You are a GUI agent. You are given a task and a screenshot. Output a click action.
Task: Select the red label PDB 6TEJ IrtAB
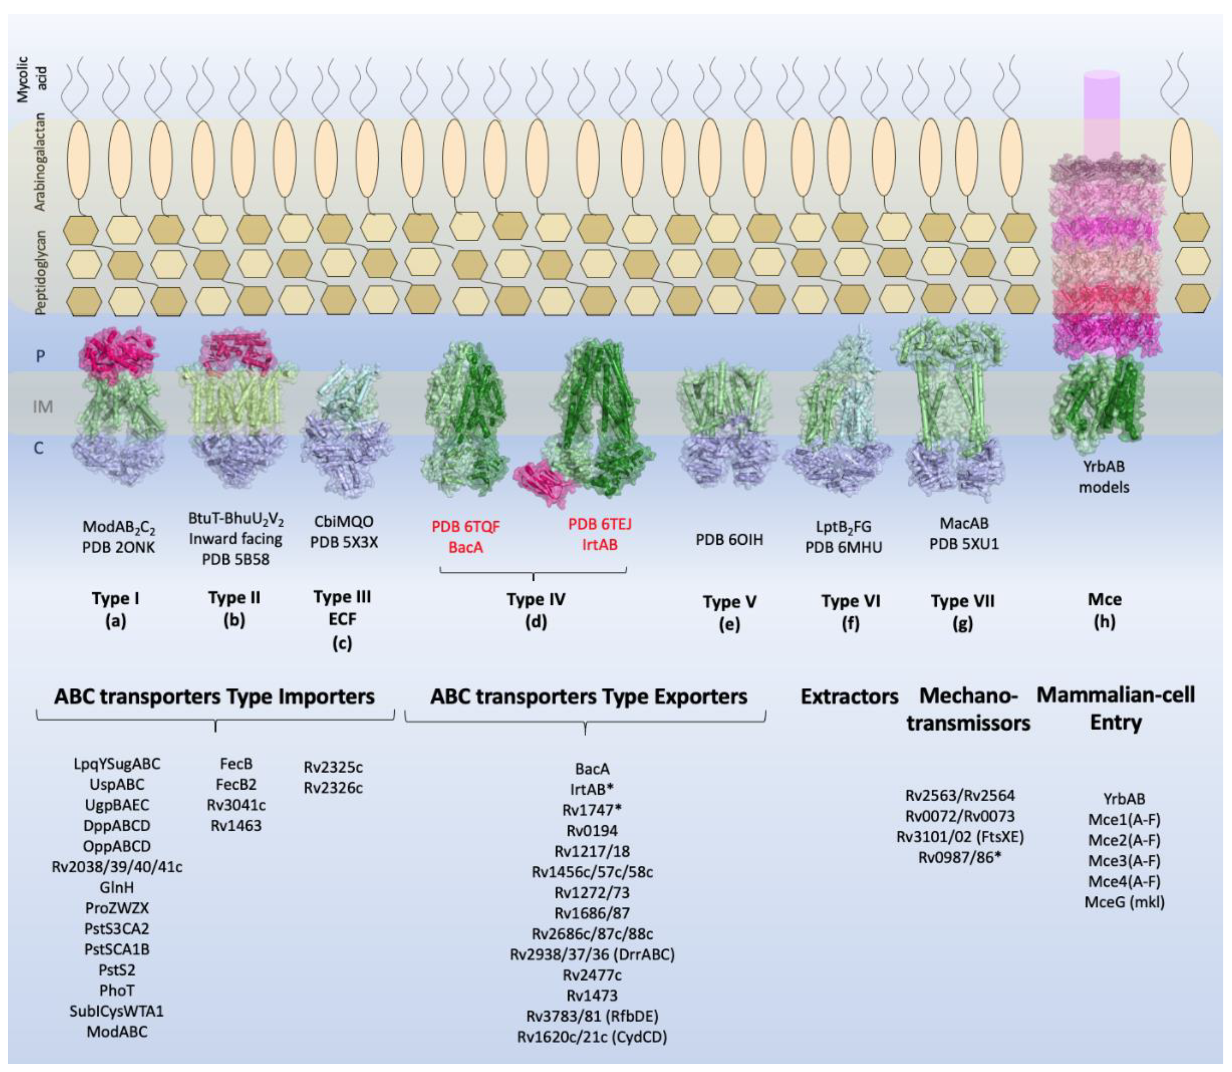tap(599, 534)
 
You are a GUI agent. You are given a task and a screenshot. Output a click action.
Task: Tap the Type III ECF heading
tap(342, 619)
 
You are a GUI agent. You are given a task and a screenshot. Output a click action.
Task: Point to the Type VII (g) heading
tap(962, 611)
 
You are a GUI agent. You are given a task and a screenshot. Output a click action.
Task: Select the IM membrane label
tap(42, 407)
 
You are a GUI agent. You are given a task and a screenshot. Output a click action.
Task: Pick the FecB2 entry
tap(235, 784)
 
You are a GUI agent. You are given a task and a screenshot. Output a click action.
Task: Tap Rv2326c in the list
tap(333, 788)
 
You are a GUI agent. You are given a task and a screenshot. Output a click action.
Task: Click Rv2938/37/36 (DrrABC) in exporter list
tap(592, 954)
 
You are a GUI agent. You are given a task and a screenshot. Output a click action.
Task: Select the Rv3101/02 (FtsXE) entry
tap(960, 836)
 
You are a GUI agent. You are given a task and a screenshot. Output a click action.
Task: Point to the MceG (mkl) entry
tap(1124, 902)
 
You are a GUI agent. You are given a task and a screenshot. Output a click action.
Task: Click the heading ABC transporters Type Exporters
tap(589, 696)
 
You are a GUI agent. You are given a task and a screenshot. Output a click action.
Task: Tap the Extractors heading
tap(849, 696)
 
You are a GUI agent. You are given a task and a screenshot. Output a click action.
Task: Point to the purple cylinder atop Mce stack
tap(1102, 114)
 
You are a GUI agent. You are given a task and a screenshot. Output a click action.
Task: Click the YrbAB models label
tap(1104, 476)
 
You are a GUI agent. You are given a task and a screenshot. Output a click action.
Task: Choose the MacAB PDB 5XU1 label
tap(964, 534)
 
